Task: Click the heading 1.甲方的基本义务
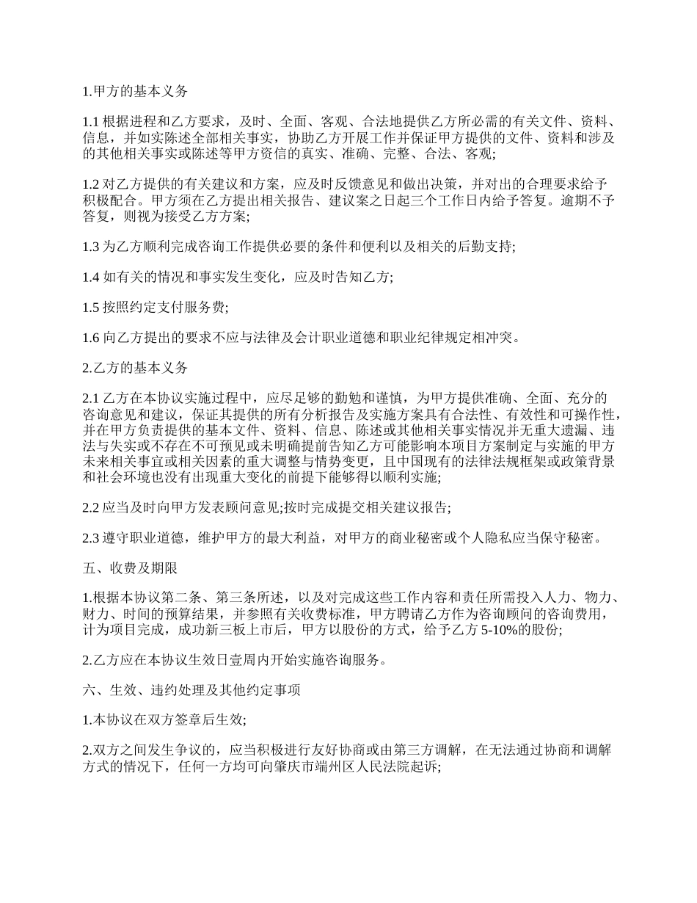(135, 92)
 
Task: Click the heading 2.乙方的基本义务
(135, 368)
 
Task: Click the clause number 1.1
(91, 122)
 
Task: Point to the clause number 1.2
(91, 184)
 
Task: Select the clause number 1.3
(91, 246)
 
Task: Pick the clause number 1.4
(91, 277)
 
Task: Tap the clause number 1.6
(91, 338)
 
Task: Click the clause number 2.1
(91, 399)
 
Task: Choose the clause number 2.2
(91, 507)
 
